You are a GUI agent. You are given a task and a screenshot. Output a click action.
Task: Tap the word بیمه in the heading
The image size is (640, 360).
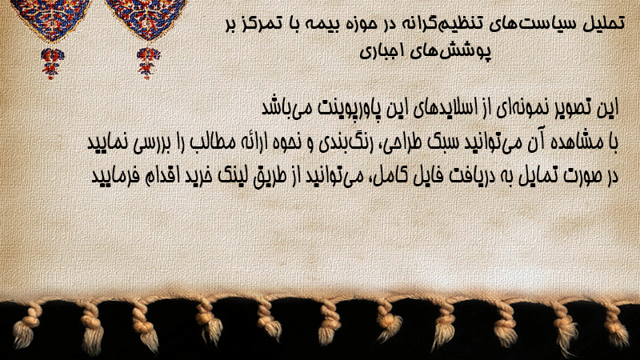[x=324, y=24]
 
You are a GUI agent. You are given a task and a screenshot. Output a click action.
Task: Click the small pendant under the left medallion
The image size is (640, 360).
[x=51, y=63]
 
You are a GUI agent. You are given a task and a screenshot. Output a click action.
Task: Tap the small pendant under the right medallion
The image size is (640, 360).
[x=148, y=63]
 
